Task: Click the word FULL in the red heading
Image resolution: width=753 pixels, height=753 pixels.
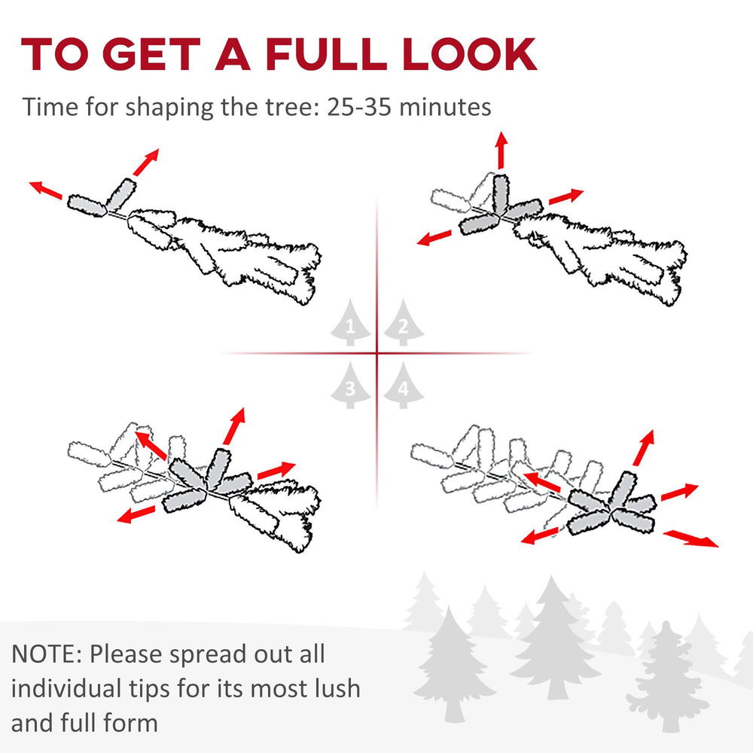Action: pyautogui.click(x=326, y=53)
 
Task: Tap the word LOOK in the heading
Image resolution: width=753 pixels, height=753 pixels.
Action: pyautogui.click(x=470, y=53)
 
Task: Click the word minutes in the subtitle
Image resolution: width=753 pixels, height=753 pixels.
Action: pyautogui.click(x=445, y=107)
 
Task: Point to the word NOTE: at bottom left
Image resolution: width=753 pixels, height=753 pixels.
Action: pyautogui.click(x=47, y=654)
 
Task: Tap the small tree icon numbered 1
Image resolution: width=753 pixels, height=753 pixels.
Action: pyautogui.click(x=350, y=322)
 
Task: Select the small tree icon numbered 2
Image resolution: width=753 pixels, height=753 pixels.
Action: pyautogui.click(x=404, y=322)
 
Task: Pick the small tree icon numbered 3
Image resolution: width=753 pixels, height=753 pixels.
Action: pyautogui.click(x=350, y=385)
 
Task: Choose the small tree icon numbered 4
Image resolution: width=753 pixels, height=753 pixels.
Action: pyautogui.click(x=404, y=385)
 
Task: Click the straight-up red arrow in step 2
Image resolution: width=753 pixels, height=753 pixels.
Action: pyautogui.click(x=501, y=150)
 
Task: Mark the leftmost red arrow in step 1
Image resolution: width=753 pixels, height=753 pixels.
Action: pyautogui.click(x=46, y=190)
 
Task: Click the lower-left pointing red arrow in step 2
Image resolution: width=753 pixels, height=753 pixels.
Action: pyautogui.click(x=434, y=238)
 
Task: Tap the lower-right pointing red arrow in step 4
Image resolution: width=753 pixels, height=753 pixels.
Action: pyautogui.click(x=691, y=538)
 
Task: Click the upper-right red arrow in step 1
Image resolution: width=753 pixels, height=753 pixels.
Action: pyautogui.click(x=145, y=163)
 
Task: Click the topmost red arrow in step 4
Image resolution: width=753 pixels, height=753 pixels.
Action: pyautogui.click(x=644, y=447)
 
